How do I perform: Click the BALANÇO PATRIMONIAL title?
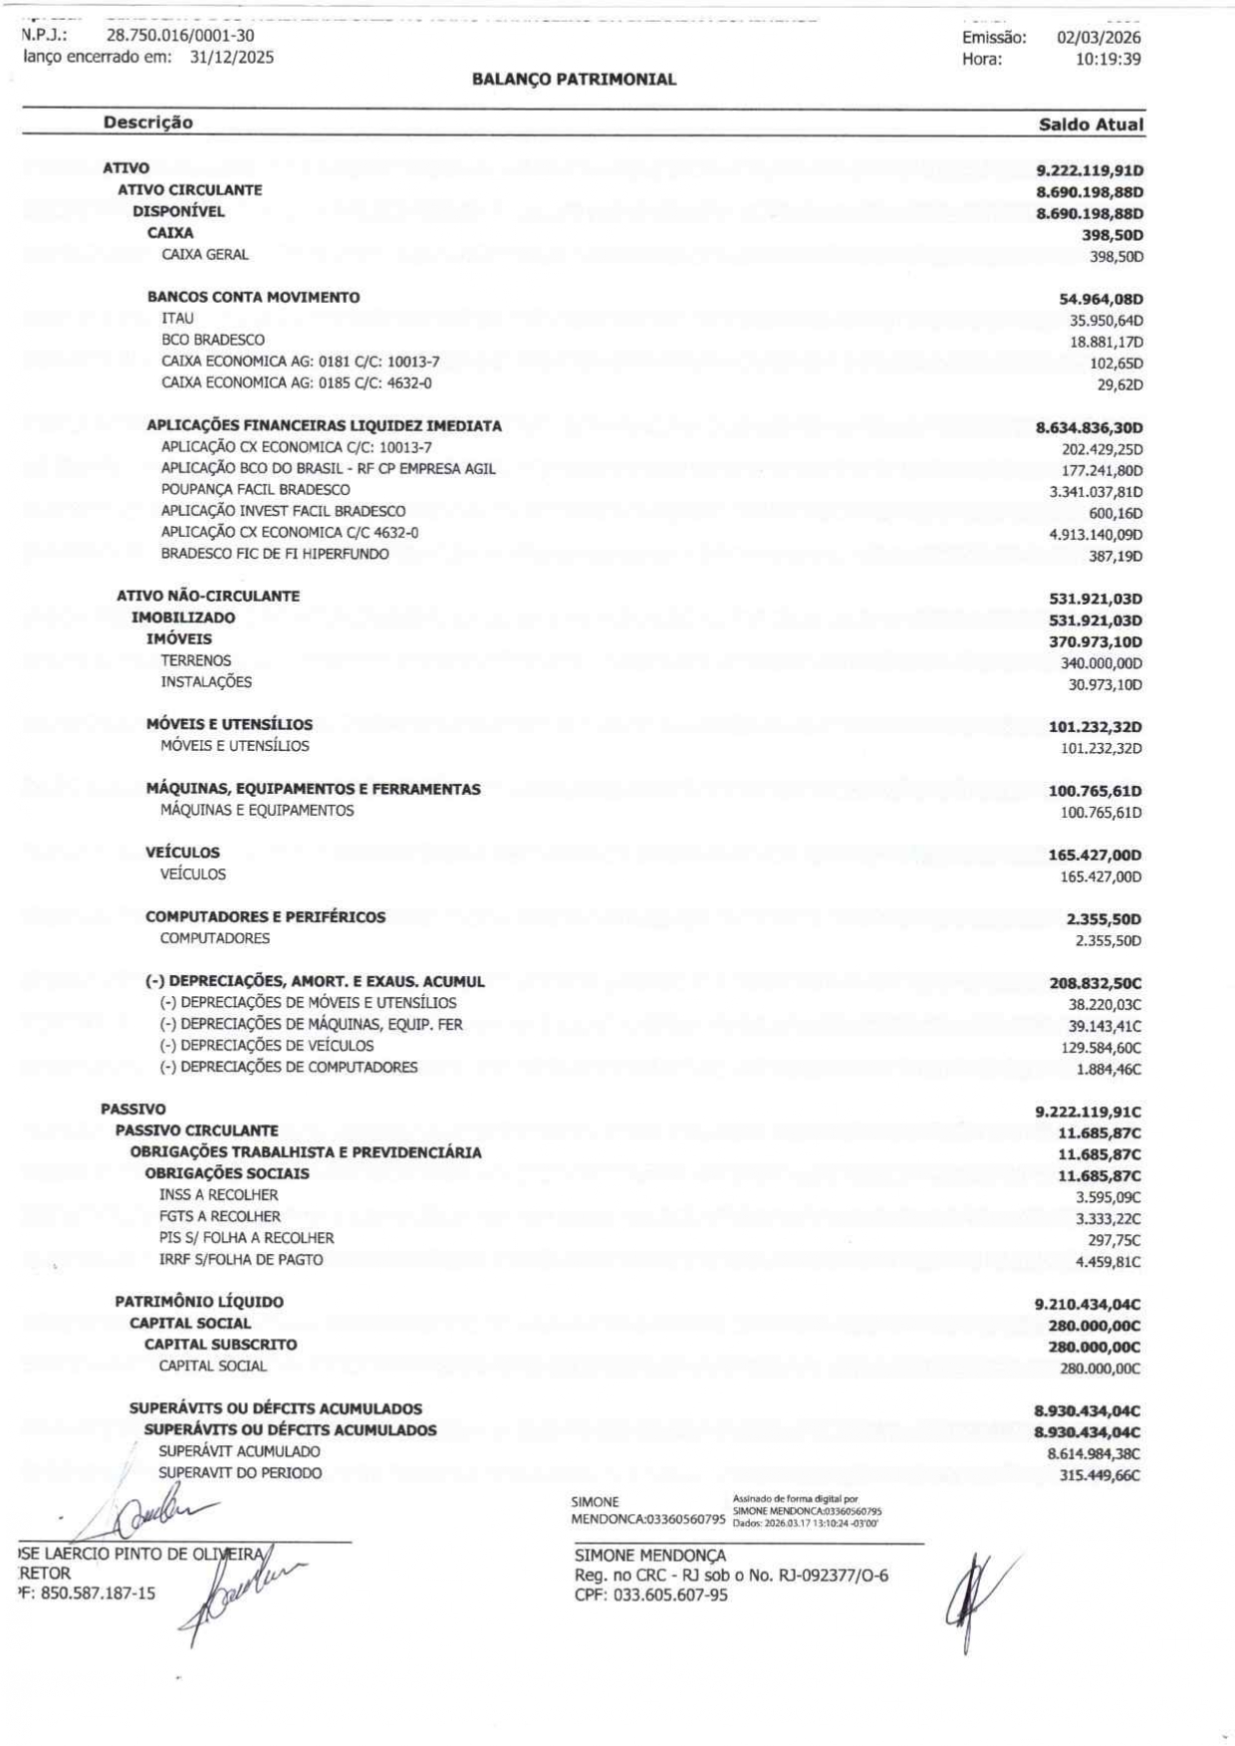point(574,80)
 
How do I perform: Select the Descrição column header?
point(148,123)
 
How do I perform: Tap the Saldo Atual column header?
point(1091,125)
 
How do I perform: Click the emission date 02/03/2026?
point(1099,38)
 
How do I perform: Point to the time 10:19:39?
point(1108,59)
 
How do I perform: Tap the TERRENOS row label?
point(196,660)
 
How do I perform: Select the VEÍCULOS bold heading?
point(182,853)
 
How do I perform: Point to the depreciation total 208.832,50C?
point(1096,983)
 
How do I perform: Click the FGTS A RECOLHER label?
point(220,1216)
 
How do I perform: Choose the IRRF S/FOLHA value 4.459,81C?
point(1108,1262)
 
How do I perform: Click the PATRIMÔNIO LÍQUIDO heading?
point(199,1302)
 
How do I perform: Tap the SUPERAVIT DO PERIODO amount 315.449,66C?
point(1100,1475)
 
